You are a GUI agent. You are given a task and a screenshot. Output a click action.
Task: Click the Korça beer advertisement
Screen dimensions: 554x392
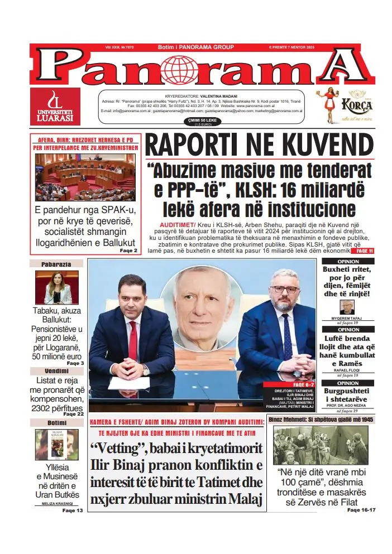click(x=343, y=107)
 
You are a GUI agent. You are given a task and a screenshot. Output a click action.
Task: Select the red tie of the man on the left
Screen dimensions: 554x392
click(x=132, y=340)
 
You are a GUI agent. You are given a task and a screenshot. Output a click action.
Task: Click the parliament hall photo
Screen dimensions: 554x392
click(x=85, y=178)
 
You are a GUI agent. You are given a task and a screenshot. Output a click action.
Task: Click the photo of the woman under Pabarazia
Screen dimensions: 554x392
click(x=57, y=288)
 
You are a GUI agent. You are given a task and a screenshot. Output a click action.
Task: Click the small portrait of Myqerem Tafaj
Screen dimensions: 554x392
click(x=347, y=307)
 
